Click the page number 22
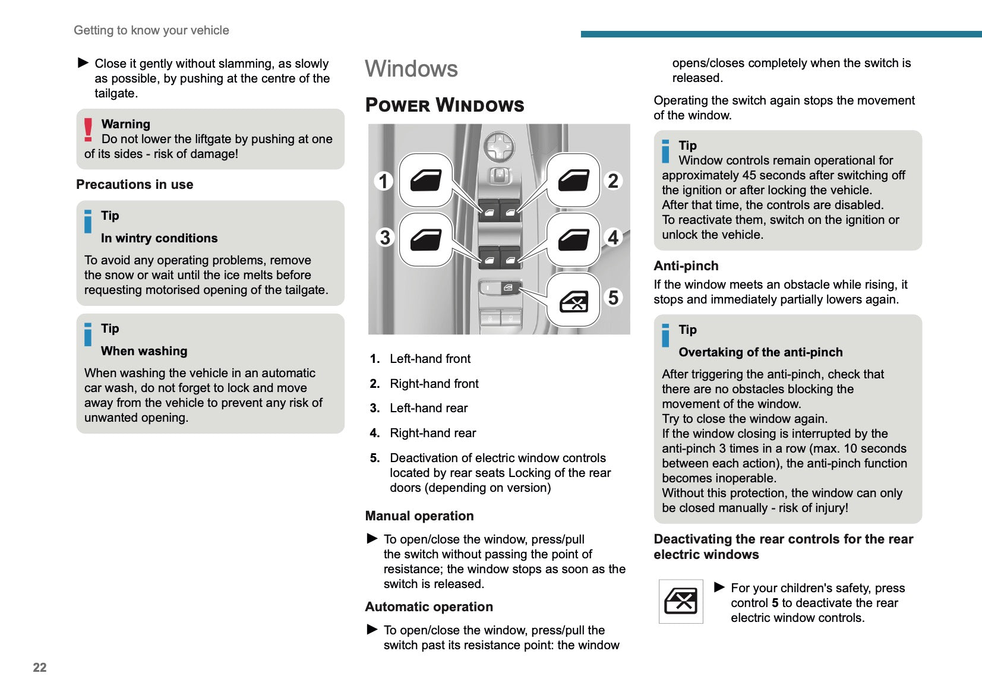40,667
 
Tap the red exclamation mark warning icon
89,129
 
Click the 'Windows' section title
411,69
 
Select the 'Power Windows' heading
444,105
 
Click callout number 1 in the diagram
384,181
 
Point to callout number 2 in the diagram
613,181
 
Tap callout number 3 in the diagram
385,238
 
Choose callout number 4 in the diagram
613,238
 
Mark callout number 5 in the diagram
613,297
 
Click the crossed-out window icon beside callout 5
574,301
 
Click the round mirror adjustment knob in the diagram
499,146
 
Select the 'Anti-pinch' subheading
686,266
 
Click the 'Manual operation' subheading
419,516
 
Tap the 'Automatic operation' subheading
429,606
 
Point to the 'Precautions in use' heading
135,184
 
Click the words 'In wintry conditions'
159,238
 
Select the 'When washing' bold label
144,350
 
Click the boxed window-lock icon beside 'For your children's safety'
681,601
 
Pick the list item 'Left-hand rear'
428,408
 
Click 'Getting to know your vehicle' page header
151,30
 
